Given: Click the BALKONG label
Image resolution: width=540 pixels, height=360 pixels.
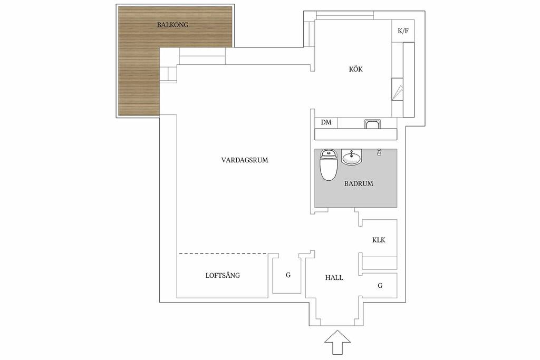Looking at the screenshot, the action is (x=172, y=25).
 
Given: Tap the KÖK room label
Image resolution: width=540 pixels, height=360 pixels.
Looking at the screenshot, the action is (x=356, y=69).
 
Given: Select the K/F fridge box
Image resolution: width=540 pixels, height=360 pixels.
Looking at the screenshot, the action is (x=403, y=31).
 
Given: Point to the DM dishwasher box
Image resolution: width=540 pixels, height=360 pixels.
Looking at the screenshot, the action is (x=326, y=122).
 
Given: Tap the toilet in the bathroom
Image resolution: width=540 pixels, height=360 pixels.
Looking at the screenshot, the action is (x=328, y=165).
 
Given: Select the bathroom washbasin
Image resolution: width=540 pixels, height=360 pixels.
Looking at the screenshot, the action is (x=352, y=157).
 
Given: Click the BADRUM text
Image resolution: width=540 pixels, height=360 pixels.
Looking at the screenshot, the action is (x=359, y=184).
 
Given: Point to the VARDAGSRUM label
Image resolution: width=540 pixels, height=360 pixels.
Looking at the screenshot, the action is (x=245, y=160).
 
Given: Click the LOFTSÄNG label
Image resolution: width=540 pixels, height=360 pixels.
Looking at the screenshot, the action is (x=223, y=275).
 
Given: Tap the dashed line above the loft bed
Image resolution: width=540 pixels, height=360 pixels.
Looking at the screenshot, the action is (x=223, y=254).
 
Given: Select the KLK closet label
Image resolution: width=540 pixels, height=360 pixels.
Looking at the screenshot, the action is (x=379, y=240).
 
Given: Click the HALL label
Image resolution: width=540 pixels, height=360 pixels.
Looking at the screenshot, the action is (x=334, y=278).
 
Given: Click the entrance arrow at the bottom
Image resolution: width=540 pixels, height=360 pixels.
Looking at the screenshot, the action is (x=337, y=342).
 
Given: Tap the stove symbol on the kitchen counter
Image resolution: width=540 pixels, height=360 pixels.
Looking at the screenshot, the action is (x=397, y=89).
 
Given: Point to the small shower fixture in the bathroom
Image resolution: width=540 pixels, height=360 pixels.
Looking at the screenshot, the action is (x=379, y=152).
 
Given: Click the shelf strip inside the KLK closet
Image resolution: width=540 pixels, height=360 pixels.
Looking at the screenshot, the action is (x=379, y=263).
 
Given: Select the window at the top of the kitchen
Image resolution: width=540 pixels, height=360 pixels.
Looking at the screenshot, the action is (x=344, y=15).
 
